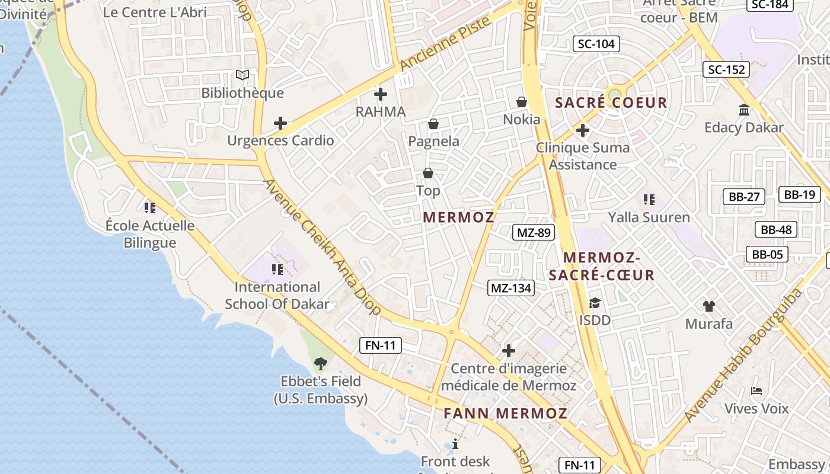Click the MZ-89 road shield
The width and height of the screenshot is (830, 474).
[534, 233]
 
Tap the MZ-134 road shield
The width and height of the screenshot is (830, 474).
[511, 289]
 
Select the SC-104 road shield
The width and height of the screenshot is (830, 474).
[596, 43]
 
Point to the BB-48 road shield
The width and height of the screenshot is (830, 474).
[776, 230]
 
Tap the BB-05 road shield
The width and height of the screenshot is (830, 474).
[767, 255]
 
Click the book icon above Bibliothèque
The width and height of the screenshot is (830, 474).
[242, 75]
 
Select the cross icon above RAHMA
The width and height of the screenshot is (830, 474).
[381, 94]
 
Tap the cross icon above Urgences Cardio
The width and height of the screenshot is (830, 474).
[280, 123]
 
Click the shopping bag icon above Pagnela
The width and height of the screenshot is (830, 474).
[433, 124]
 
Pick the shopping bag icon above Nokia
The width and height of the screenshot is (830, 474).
[522, 102]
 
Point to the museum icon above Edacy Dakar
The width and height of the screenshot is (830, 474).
[743, 110]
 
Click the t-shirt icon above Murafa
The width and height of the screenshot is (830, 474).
[708, 306]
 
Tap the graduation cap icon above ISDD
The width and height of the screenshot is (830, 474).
[594, 303]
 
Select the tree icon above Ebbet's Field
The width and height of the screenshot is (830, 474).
[321, 363]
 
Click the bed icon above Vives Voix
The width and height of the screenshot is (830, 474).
[756, 391]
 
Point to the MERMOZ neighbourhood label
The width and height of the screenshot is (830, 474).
[459, 217]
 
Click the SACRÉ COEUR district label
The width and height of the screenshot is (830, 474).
[611, 103]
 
